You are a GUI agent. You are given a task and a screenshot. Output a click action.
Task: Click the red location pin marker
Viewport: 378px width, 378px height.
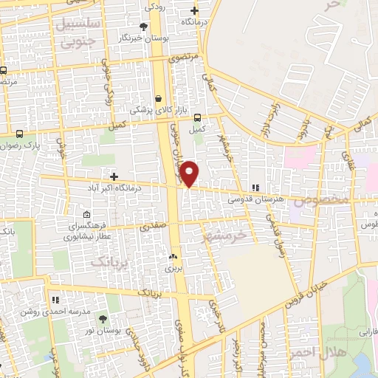(190, 173)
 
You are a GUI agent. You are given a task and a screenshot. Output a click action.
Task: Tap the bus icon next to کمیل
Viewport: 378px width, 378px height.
(197, 117)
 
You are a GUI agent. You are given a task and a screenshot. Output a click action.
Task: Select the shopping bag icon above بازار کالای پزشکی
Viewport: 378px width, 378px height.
(159, 97)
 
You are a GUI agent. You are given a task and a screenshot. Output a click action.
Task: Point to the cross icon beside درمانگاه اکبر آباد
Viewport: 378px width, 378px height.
(114, 176)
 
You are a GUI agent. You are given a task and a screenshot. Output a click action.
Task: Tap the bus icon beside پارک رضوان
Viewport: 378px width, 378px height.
(19, 134)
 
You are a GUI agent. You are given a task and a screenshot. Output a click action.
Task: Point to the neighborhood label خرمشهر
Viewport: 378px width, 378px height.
(227, 236)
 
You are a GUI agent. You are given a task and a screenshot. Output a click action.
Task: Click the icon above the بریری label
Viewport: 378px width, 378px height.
(173, 256)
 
